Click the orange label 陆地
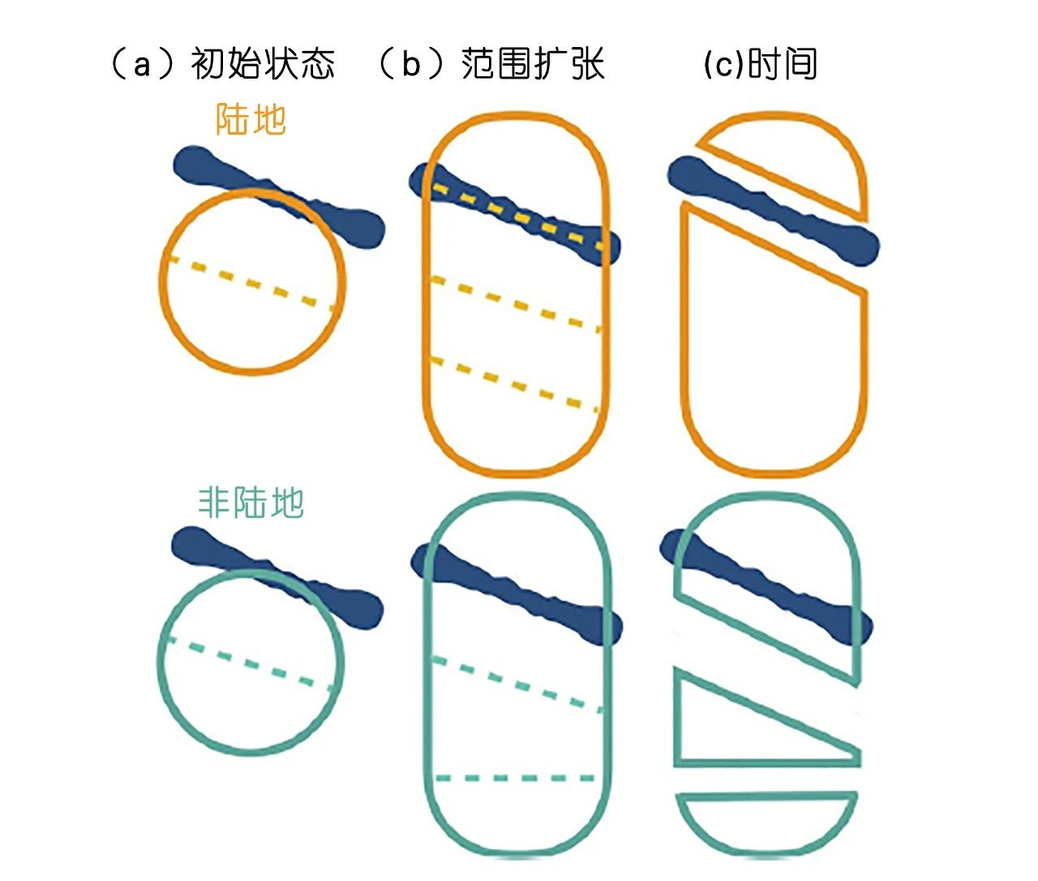pyautogui.click(x=251, y=119)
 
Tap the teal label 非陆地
pyautogui.click(x=251, y=503)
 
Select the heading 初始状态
pyautogui.click(x=263, y=64)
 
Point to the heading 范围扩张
pyautogui.click(x=532, y=64)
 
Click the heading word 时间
pyautogui.click(x=783, y=64)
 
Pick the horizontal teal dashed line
pyautogui.click(x=515, y=779)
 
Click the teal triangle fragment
pyautogui.click(x=766, y=719)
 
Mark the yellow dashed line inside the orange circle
pyautogui.click(x=251, y=284)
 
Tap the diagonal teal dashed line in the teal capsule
pyautogui.click(x=517, y=686)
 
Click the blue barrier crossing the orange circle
pyautogui.click(x=279, y=197)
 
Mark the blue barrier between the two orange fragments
pyautogui.click(x=774, y=211)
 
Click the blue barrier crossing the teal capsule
pyautogui.click(x=517, y=592)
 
